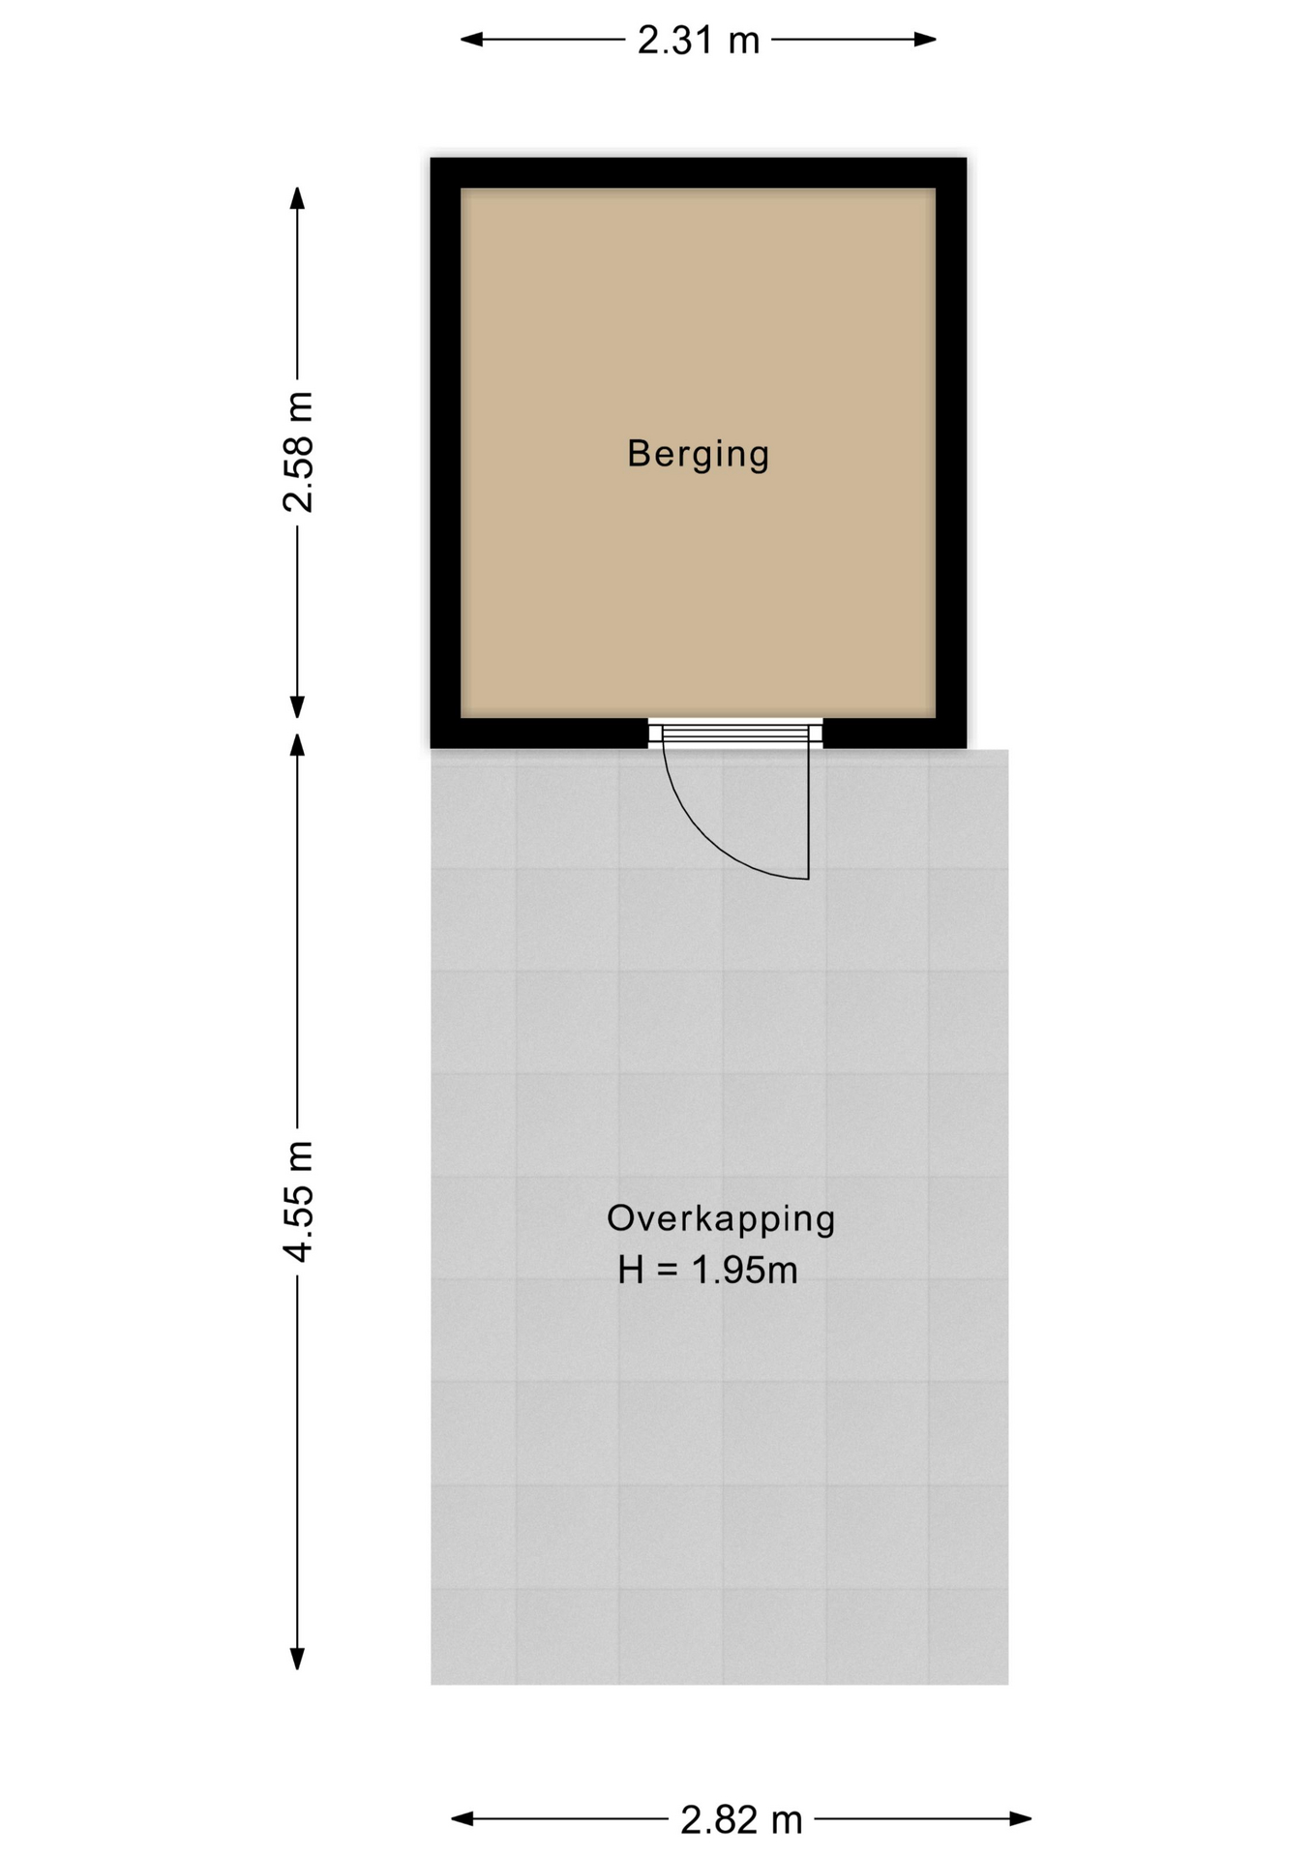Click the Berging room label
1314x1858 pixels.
coord(698,454)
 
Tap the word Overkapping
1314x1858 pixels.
coord(721,1218)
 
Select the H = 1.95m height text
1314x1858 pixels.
coord(708,1270)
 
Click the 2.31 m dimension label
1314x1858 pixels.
coord(699,40)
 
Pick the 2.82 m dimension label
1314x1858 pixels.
coord(742,1820)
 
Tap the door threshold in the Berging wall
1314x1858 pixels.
coord(735,732)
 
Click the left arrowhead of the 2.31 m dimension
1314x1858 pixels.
coord(471,40)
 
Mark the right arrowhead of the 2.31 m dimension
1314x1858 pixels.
coord(925,40)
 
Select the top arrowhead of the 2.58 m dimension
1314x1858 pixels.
coord(298,197)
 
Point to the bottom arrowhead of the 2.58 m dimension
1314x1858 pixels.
coord(298,707)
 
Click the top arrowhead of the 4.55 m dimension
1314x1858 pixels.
coord(298,744)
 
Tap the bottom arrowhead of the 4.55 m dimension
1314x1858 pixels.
coord(298,1658)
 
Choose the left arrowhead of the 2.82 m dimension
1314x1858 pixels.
coord(463,1819)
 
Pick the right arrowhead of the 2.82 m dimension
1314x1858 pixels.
coord(1020,1819)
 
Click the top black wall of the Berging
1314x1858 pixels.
coord(699,173)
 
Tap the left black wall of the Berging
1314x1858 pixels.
coord(446,453)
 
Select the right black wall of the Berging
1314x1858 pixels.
coord(951,453)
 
